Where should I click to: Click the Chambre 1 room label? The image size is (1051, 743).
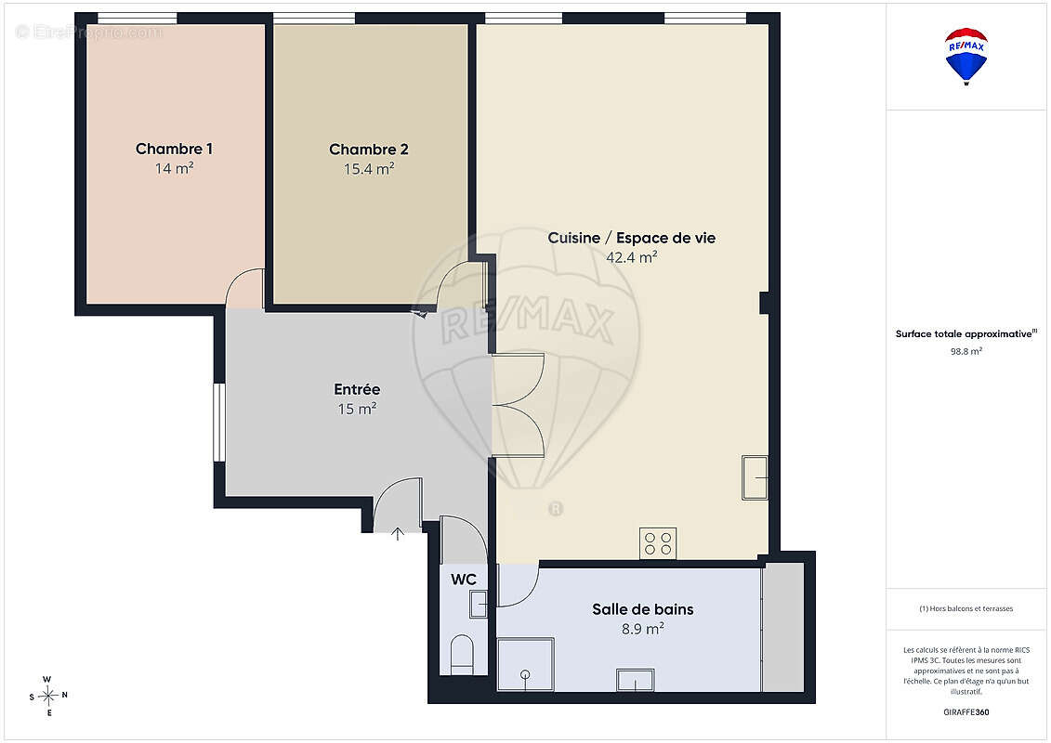175,149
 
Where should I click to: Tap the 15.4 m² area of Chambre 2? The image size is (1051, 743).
369,169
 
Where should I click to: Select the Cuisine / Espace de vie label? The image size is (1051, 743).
631,238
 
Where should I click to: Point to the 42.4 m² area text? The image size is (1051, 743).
631,257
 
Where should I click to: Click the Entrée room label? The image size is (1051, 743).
357,389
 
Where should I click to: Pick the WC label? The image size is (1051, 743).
463,580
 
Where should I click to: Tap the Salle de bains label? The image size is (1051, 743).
643,609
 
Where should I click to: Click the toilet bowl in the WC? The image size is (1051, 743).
462,655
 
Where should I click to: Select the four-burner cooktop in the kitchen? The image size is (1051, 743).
658,543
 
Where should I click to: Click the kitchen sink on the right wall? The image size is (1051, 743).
755,477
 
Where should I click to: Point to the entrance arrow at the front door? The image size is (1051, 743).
398,533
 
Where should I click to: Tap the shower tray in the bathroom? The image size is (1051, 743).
526,664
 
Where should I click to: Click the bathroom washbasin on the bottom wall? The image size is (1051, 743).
636,679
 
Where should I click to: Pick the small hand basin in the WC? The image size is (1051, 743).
478,605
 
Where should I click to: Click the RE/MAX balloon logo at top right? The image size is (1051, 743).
966,57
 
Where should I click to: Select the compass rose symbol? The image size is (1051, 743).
48,697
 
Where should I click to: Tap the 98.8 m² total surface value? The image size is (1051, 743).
966,351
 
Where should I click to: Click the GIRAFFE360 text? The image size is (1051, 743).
966,712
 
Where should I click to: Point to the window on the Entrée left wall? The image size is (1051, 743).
218,422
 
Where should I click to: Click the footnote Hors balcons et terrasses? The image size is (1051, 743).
966,608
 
